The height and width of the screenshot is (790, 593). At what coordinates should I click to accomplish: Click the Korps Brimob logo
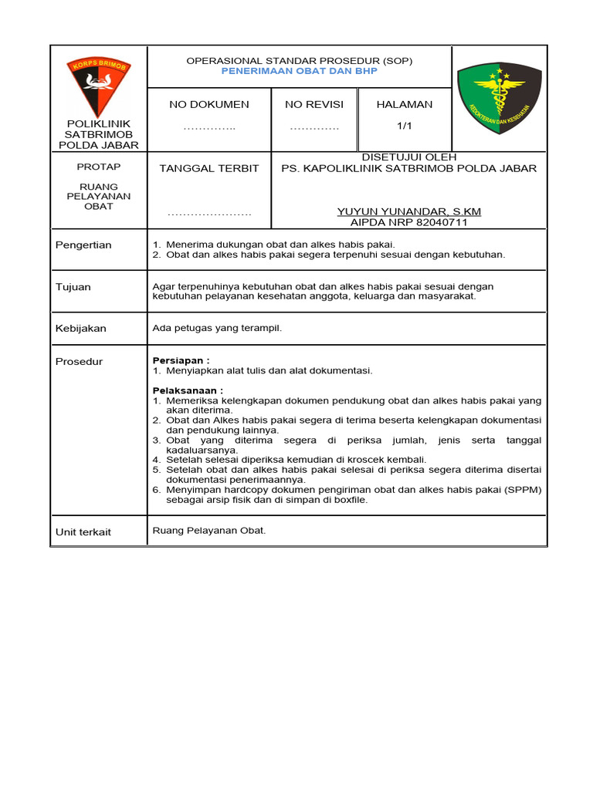coord(98,85)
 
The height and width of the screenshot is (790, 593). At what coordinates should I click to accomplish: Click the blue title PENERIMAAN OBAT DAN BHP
coord(299,70)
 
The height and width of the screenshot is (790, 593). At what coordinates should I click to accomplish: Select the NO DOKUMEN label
coord(209,104)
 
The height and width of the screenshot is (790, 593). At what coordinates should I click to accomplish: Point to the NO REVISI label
coord(314,104)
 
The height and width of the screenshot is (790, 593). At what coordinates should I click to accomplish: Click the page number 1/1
coord(405,127)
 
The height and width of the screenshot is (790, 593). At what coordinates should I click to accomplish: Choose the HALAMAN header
coord(405,104)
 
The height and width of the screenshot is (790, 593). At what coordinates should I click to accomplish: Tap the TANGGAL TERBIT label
coord(209,168)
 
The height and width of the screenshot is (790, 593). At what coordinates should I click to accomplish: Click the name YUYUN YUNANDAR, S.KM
coord(409,211)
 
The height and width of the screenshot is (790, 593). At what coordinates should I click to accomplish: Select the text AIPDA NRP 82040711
coord(409,222)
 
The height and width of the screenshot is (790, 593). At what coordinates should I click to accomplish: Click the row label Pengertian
coord(83,245)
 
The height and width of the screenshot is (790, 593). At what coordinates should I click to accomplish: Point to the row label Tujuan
coord(73,287)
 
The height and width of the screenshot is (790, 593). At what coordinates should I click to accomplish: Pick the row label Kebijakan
coord(81,329)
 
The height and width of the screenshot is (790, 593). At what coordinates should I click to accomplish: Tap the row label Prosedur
coord(79,362)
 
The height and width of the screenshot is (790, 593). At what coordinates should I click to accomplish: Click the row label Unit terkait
coord(83,532)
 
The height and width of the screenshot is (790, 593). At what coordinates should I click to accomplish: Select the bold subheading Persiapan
coord(181,360)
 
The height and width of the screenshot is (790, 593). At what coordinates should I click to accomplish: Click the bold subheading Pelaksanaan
coord(188,390)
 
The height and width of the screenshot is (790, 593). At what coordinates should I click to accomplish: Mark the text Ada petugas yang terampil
coord(218,328)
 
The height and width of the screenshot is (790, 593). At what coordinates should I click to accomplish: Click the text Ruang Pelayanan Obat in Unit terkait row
coord(209,531)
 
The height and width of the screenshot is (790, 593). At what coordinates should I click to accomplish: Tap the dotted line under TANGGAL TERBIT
coord(209,213)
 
